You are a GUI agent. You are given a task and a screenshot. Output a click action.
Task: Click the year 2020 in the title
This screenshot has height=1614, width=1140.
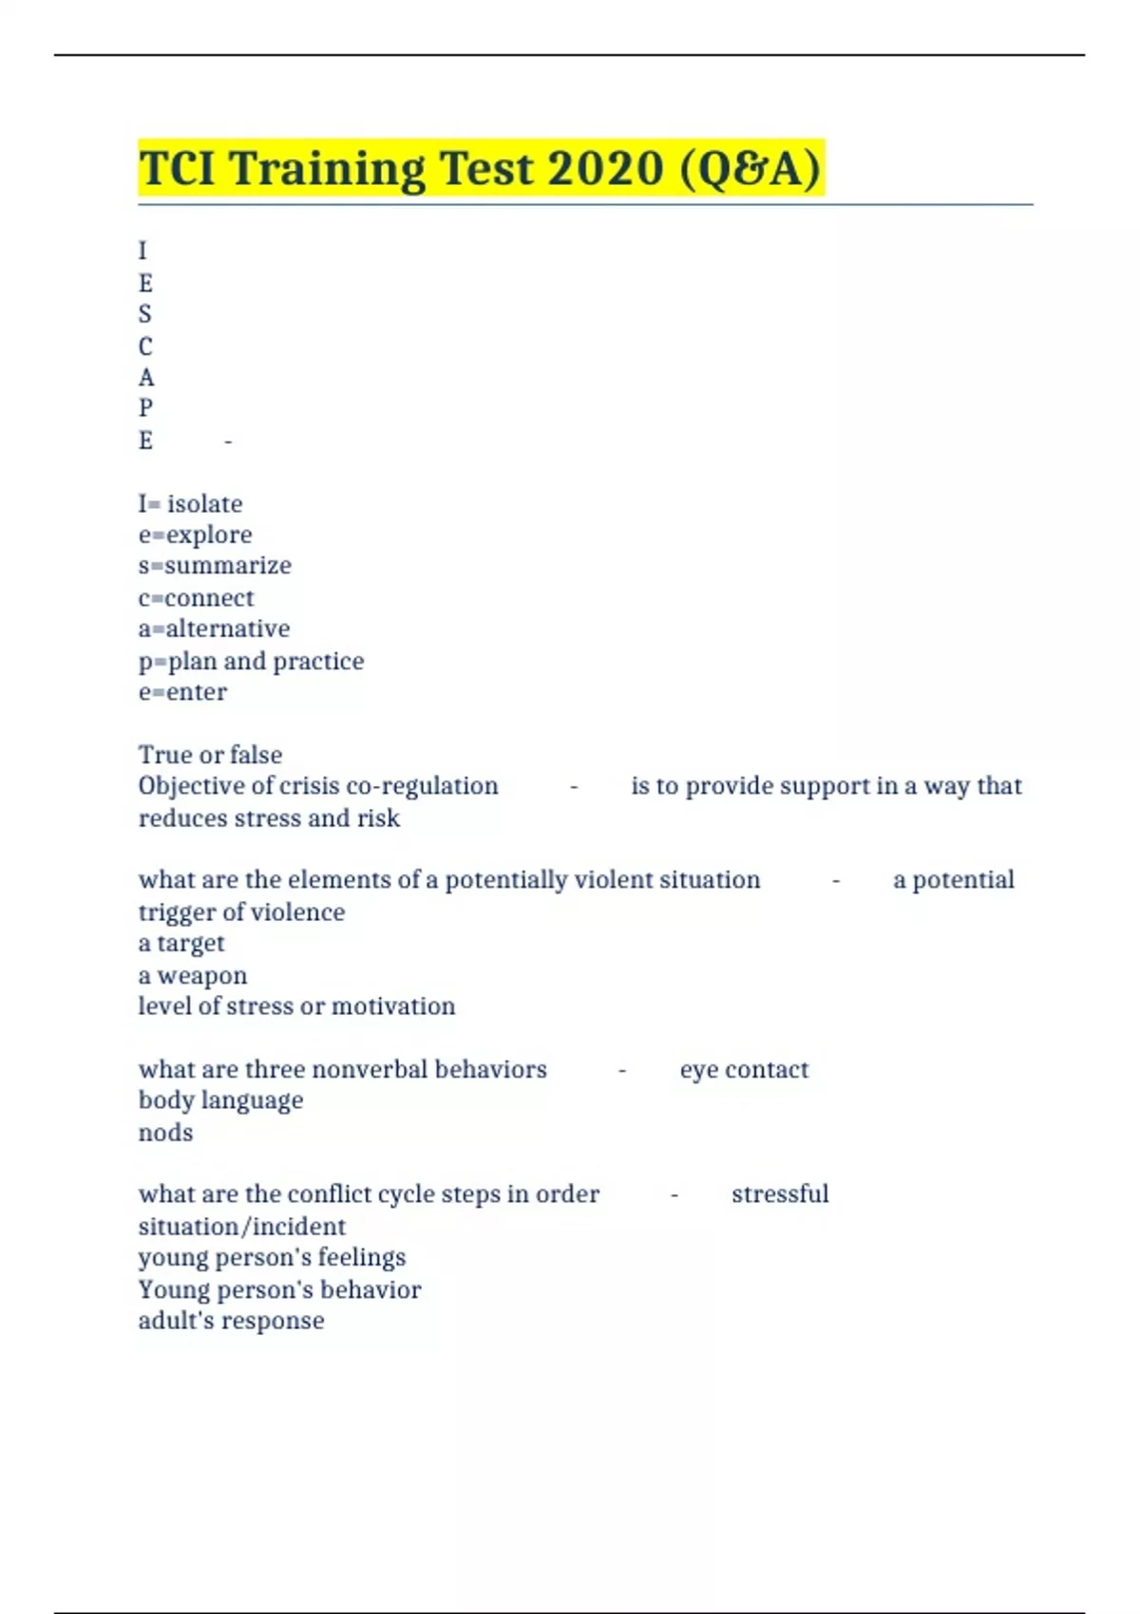tap(604, 169)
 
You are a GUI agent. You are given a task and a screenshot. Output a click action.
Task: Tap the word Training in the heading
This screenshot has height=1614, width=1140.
tap(327, 169)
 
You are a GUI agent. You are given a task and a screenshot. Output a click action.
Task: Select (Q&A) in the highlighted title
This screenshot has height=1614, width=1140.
tap(750, 169)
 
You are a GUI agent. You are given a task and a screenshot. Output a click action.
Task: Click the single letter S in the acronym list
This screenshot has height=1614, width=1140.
tap(145, 314)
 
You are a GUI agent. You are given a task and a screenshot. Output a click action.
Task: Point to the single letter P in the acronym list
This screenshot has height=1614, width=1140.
tap(145, 408)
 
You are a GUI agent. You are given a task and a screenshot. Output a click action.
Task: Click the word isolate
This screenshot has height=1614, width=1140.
tap(204, 503)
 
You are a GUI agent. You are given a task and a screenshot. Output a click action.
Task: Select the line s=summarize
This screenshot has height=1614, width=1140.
tap(215, 566)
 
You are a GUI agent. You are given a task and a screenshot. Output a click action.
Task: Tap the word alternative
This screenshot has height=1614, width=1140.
tap(228, 629)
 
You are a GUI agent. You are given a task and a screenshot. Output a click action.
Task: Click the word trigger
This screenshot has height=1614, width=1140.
tap(177, 912)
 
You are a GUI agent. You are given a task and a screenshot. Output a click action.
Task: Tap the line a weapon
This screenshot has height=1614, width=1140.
tap(193, 975)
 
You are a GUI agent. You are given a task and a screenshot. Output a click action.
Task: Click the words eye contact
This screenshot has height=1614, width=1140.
tap(744, 1070)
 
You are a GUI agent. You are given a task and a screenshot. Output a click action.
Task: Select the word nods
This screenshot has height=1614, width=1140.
tap(165, 1133)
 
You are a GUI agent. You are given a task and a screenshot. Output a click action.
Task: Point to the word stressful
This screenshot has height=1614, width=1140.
tap(780, 1194)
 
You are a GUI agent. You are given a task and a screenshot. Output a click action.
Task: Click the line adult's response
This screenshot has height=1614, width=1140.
tap(231, 1321)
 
